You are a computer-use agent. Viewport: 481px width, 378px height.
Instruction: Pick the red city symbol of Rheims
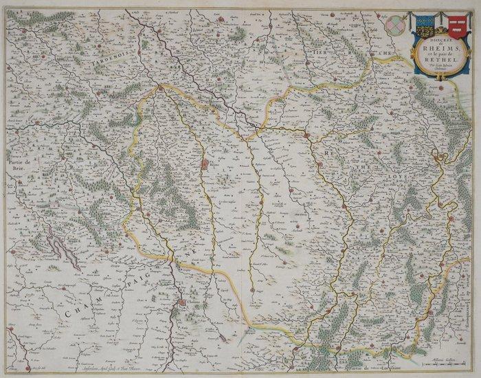(205, 165)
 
